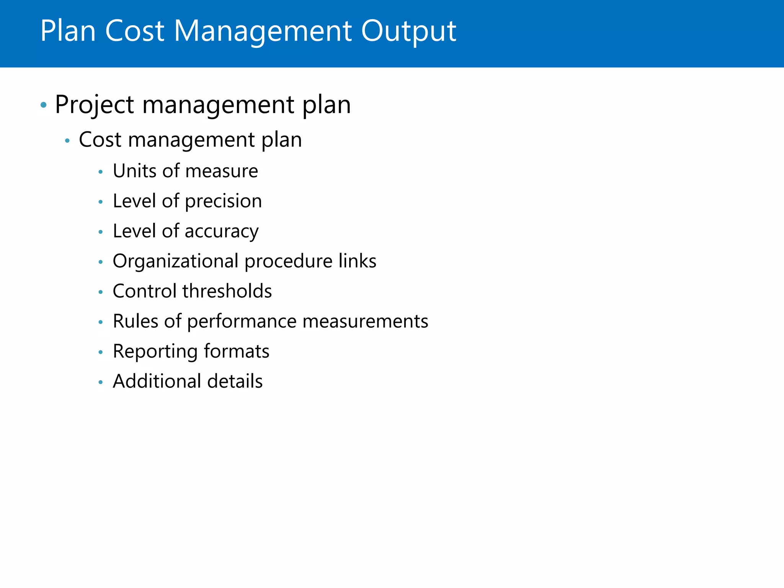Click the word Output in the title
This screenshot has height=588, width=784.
408,31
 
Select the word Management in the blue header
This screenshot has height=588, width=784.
263,31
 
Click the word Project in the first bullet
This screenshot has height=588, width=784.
95,105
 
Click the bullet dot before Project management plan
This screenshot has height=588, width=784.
44,105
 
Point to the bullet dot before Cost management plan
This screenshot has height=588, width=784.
67,141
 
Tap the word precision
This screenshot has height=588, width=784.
224,202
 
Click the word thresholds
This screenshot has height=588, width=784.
227,291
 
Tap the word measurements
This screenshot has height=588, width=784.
365,321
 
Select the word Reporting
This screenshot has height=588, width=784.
155,352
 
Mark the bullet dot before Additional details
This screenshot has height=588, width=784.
101,382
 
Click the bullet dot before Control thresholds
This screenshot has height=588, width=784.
101,292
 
